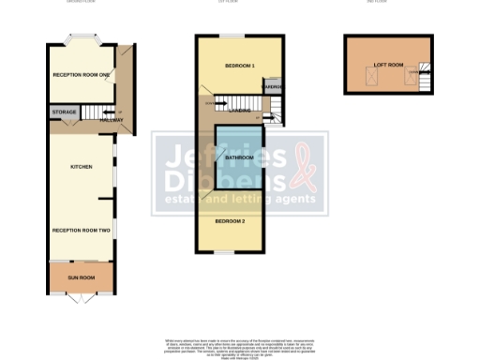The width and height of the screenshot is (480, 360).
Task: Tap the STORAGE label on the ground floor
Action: click(64, 112)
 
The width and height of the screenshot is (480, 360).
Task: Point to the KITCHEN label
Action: click(81, 166)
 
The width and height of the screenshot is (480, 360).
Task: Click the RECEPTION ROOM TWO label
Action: click(81, 230)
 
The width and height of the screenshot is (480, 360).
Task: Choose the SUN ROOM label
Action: click(81, 278)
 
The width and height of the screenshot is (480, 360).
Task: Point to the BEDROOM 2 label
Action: click(230, 220)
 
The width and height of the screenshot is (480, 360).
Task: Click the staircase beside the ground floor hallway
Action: click(95, 112)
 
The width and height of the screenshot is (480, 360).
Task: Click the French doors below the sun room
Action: click(81, 299)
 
